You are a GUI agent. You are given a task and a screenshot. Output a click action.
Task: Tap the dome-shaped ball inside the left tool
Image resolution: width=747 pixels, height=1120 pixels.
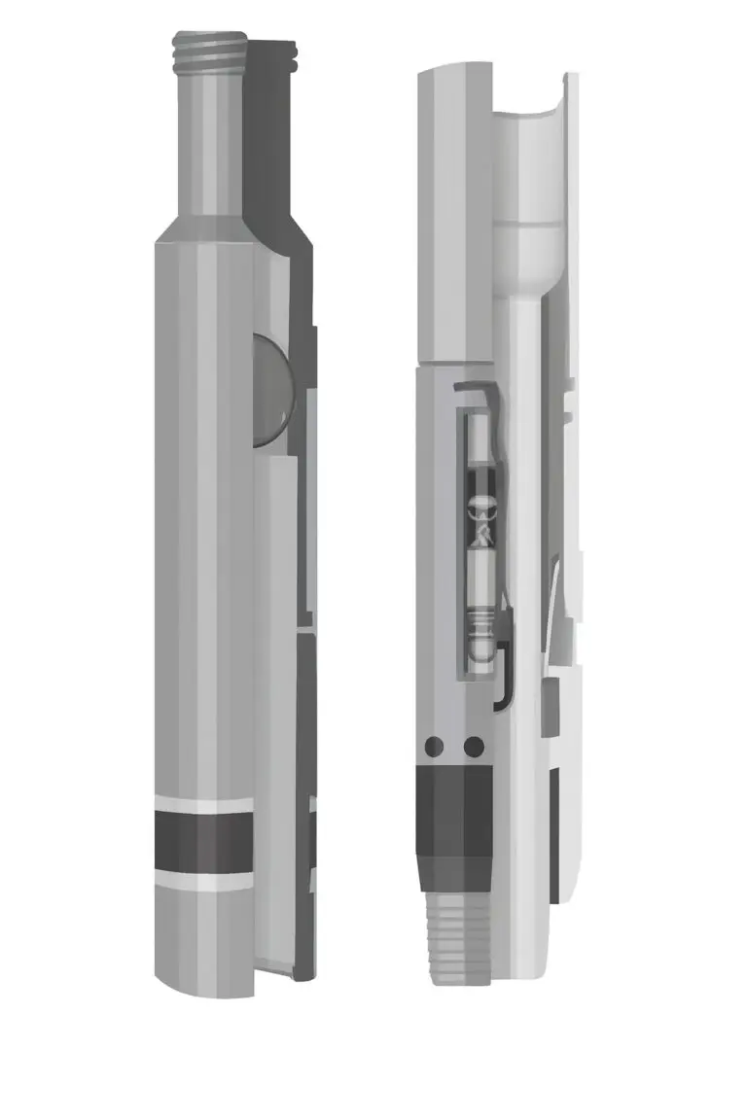[x=271, y=390]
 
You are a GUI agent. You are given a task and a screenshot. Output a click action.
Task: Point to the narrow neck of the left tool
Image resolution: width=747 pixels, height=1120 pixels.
[x=207, y=146]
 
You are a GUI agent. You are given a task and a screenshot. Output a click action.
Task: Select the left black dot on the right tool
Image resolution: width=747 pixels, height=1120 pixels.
[x=434, y=747]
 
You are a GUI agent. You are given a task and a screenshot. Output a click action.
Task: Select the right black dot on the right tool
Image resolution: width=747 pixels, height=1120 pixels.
[x=474, y=747]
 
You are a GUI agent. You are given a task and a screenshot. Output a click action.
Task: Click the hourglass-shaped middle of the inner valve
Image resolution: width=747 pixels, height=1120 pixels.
[x=479, y=516]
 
